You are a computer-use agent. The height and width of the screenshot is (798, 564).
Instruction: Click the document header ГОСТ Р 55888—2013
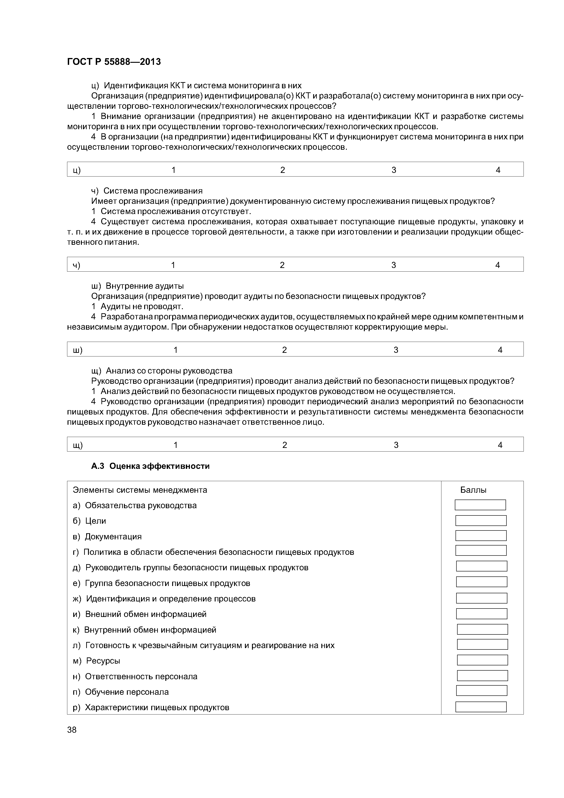pyautogui.click(x=114, y=62)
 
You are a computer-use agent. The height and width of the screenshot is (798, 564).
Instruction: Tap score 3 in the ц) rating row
pyautogui.click(x=393, y=170)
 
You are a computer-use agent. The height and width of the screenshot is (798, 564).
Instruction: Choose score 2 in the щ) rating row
pyautogui.click(x=284, y=445)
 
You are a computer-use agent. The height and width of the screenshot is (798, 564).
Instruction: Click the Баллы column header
pyautogui.click(x=473, y=490)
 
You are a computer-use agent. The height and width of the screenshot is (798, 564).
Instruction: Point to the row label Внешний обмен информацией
pyautogui.click(x=146, y=614)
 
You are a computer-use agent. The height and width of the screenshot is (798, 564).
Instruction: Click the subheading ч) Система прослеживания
pyautogui.click(x=147, y=191)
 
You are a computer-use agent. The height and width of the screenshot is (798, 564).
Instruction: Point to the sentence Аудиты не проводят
pyautogui.click(x=141, y=307)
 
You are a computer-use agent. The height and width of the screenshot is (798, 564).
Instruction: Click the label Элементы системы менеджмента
pyautogui.click(x=140, y=490)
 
